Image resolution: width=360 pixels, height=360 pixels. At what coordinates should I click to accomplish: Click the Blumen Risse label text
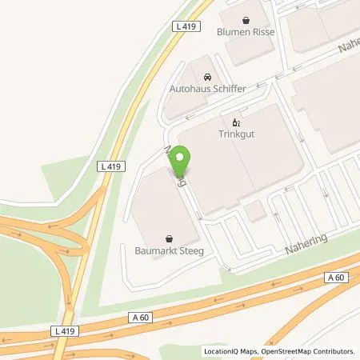click(245, 33)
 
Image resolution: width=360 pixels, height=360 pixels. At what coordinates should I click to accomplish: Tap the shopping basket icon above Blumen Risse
click(246, 20)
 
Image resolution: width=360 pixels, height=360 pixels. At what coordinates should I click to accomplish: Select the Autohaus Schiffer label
click(207, 89)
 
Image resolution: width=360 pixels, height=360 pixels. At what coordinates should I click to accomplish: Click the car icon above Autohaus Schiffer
click(207, 76)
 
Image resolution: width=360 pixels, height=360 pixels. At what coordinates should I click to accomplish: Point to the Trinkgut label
click(235, 134)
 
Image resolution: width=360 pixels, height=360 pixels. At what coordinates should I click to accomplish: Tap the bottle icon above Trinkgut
click(235, 122)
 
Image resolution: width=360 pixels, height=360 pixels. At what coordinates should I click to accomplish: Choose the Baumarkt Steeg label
click(170, 250)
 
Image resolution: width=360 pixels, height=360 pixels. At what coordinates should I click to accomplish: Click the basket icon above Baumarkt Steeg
click(170, 238)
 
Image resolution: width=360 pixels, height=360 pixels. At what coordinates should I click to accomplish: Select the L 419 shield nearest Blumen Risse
click(185, 26)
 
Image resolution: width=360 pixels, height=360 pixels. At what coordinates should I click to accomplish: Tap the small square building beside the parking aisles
click(256, 211)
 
